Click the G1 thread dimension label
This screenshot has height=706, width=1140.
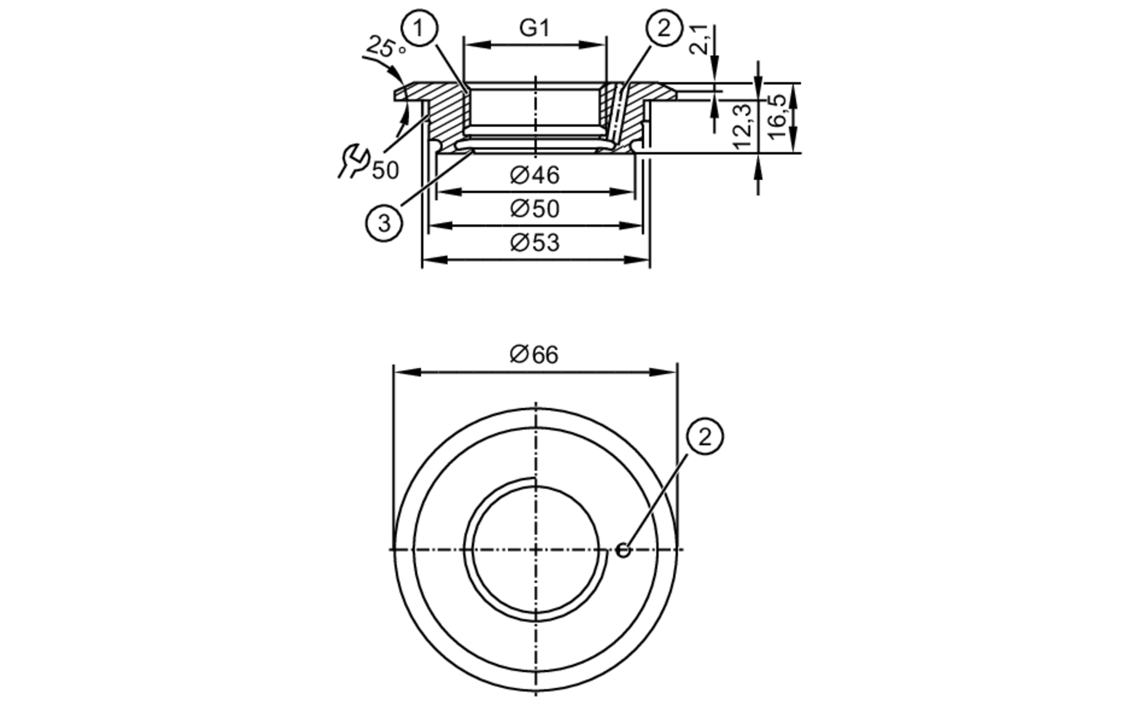(534, 28)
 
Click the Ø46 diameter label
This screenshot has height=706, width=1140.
(535, 175)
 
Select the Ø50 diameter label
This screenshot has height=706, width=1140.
(535, 209)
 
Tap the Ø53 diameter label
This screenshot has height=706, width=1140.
(535, 243)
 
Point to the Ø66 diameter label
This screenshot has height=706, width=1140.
(534, 355)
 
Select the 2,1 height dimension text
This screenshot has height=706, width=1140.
(701, 39)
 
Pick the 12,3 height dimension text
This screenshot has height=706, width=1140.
(743, 126)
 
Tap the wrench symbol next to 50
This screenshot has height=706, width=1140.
(353, 161)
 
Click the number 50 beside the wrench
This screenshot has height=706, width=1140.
(385, 170)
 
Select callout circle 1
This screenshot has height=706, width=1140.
(419, 28)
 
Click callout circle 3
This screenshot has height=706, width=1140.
(384, 223)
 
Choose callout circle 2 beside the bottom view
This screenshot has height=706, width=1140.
(705, 437)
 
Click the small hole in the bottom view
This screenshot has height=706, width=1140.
(624, 550)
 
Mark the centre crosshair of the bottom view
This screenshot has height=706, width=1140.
(535, 550)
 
